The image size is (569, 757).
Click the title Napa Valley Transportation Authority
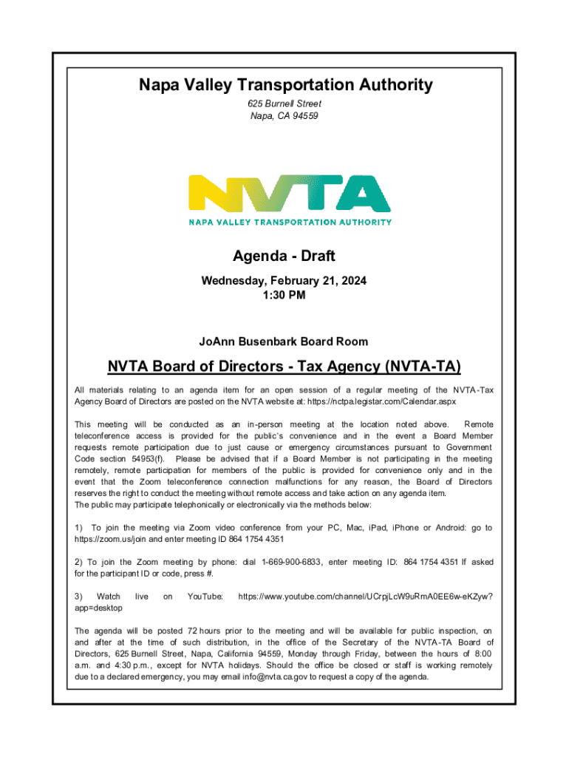(x=285, y=85)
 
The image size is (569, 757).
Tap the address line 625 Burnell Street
(x=285, y=103)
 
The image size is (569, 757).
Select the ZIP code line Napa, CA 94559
(x=285, y=116)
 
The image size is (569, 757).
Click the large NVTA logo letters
(x=290, y=193)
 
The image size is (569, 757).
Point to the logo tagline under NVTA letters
(x=290, y=221)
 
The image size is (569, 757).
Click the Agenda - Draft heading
(x=284, y=257)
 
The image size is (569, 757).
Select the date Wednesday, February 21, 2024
(x=284, y=282)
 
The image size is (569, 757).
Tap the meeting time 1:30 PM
(x=284, y=296)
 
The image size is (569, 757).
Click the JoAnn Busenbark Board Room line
(x=284, y=342)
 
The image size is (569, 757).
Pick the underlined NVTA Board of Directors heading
(x=284, y=367)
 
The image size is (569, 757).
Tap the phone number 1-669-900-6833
(x=291, y=562)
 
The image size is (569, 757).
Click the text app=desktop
(x=99, y=607)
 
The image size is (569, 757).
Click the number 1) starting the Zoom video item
(x=79, y=528)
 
